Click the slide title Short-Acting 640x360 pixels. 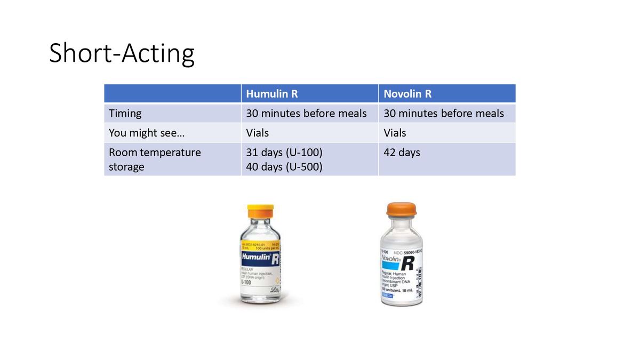tap(122, 54)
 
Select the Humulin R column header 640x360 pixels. tap(272, 94)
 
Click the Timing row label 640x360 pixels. tap(125, 113)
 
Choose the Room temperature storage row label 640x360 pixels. tap(155, 159)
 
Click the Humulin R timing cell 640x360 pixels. tap(306, 113)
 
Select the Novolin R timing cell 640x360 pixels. tap(444, 113)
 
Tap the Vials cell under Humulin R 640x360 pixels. tap(258, 133)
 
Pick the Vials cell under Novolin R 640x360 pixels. tap(395, 133)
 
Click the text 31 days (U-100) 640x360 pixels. tap(284, 153)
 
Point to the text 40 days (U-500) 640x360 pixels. tap(284, 166)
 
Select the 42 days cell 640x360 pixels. tap(402, 153)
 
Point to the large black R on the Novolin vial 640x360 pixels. tap(408, 263)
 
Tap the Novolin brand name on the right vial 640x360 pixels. tap(391, 258)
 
